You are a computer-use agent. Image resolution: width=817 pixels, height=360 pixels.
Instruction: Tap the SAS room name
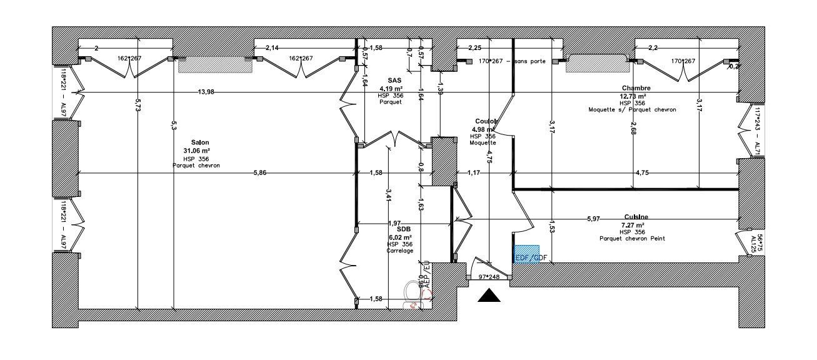coord(394,81)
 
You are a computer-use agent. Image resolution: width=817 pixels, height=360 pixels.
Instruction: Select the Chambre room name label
coord(636,88)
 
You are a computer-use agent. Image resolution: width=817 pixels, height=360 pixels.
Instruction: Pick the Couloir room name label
coord(485,121)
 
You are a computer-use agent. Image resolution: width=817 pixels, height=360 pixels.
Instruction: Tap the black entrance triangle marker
coord(489,296)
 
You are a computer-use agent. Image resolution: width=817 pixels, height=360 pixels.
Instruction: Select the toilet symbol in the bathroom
coord(412,292)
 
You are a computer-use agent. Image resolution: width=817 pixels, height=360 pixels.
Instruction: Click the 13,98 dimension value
coord(206,92)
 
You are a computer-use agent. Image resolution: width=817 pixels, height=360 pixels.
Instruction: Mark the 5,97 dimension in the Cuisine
coord(593,219)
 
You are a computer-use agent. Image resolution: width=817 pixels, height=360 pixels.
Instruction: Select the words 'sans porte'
coord(531,61)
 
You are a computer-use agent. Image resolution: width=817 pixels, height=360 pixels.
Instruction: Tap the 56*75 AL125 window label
coord(756,243)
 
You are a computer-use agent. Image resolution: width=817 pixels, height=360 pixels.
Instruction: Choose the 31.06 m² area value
coord(196,151)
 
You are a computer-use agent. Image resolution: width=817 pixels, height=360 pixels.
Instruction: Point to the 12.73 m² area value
coord(633,96)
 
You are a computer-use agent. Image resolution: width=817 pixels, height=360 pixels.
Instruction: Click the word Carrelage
coord(400,251)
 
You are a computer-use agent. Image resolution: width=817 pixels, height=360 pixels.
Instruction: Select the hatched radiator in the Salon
coord(215,65)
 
